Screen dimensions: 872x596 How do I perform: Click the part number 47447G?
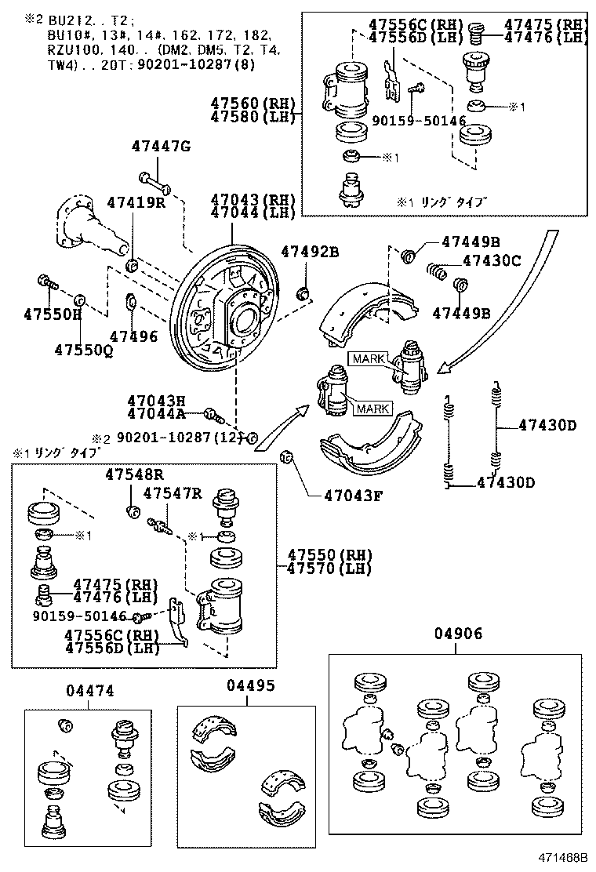coord(161,147)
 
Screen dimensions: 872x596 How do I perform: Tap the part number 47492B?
coord(310,252)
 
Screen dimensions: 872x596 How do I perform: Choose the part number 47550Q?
coord(84,350)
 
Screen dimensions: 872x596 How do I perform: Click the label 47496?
coord(133,336)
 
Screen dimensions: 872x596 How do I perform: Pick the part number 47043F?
coord(354,496)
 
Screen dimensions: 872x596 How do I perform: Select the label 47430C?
coord(492,261)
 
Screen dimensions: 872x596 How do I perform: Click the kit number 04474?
coord(89,691)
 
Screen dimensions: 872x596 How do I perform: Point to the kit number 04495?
coord(251,685)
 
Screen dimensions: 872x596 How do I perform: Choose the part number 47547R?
coord(173,493)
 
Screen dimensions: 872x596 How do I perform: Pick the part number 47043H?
coord(156,400)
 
